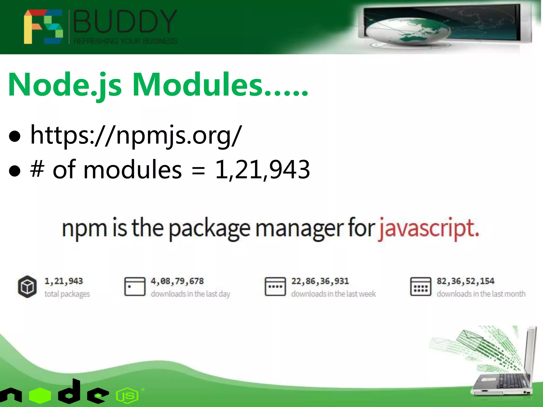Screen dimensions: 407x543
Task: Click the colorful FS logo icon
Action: (x=43, y=26)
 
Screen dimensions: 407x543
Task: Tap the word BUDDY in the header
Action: (x=125, y=21)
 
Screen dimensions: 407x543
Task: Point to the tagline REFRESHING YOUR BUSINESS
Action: (x=125, y=41)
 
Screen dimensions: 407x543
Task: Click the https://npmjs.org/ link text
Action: (x=136, y=135)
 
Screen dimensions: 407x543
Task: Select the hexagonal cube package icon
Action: (x=27, y=287)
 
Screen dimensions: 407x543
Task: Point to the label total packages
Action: (x=67, y=294)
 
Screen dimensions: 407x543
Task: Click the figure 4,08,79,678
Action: (x=177, y=281)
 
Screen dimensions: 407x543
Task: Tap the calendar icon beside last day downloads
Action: (x=135, y=286)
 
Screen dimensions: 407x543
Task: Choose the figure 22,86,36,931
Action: (x=320, y=281)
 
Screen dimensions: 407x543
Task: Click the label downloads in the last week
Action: (x=334, y=294)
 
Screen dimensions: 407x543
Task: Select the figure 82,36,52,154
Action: (x=466, y=281)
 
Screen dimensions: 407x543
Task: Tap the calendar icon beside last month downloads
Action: (x=421, y=286)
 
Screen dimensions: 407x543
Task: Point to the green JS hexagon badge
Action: (x=128, y=396)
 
